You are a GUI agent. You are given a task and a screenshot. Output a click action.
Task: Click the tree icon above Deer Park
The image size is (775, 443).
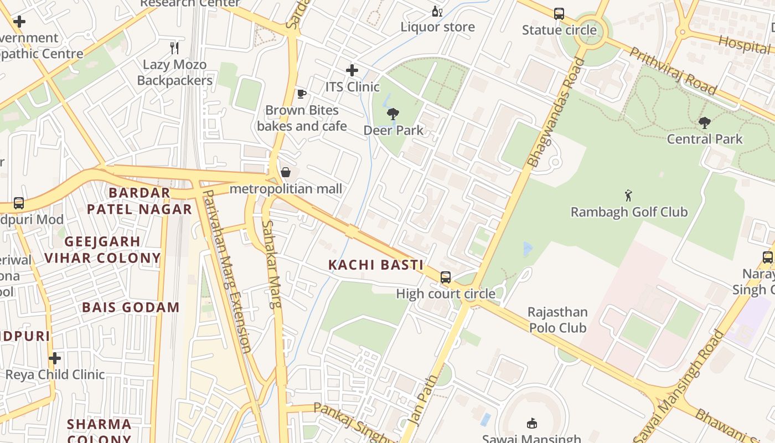tap(393, 115)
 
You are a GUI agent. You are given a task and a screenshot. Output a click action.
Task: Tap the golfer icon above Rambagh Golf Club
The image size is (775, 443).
tap(628, 195)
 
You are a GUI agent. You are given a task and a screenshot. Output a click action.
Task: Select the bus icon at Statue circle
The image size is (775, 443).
tap(559, 14)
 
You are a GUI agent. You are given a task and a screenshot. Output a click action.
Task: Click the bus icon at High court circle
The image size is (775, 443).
tap(446, 277)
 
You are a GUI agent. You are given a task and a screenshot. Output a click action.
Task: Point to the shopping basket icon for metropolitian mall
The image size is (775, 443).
tap(286, 173)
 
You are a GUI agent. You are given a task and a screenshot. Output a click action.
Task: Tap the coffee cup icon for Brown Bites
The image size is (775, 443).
tap(301, 94)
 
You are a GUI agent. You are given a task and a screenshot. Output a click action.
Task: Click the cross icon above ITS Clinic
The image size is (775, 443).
tap(352, 70)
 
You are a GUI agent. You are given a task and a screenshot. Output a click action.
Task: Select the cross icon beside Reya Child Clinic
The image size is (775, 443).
tap(55, 358)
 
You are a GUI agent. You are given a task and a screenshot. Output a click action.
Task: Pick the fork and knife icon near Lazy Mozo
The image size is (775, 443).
tap(174, 48)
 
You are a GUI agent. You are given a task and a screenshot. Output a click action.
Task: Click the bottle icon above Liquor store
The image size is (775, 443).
tap(437, 11)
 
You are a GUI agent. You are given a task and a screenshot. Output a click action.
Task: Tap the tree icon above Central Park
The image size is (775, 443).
tap(704, 123)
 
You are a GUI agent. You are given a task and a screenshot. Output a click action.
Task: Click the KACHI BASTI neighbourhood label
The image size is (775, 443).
tap(376, 265)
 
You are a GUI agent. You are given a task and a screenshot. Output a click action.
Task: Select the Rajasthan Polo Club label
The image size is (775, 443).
tap(557, 320)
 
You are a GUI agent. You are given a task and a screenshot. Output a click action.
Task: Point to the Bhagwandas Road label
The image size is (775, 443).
tap(556, 112)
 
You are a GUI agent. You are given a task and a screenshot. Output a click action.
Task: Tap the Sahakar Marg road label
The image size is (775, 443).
tap(272, 264)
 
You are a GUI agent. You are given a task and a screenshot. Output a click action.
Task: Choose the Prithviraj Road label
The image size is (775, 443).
tap(673, 70)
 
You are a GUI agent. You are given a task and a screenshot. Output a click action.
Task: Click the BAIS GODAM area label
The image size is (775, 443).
tap(131, 308)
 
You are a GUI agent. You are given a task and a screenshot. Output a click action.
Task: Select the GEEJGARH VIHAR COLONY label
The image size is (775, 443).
tap(102, 250)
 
